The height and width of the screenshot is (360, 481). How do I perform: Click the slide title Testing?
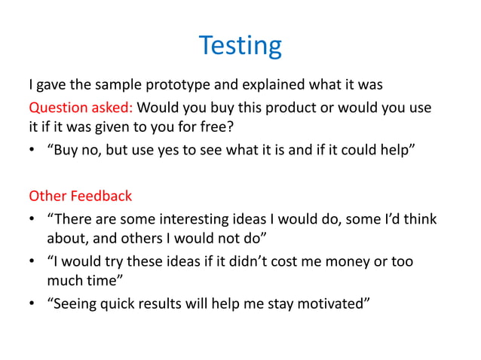240,45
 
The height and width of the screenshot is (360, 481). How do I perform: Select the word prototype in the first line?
185,83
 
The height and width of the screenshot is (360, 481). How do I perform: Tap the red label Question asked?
80,107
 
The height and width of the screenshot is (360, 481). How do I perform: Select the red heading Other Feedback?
80,197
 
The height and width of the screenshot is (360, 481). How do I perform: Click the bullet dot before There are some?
33,221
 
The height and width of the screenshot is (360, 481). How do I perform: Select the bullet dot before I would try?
33,262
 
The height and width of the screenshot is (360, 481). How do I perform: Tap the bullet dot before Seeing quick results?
33,304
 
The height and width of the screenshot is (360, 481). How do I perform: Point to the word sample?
120,83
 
